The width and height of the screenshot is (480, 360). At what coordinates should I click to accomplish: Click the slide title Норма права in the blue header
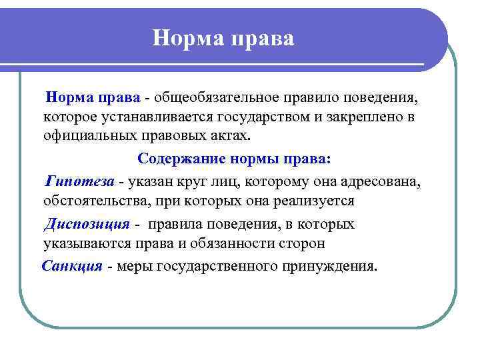(223, 37)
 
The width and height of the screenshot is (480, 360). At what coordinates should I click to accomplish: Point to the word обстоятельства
(94, 200)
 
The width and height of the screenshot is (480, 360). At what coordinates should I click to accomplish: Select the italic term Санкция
(73, 267)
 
